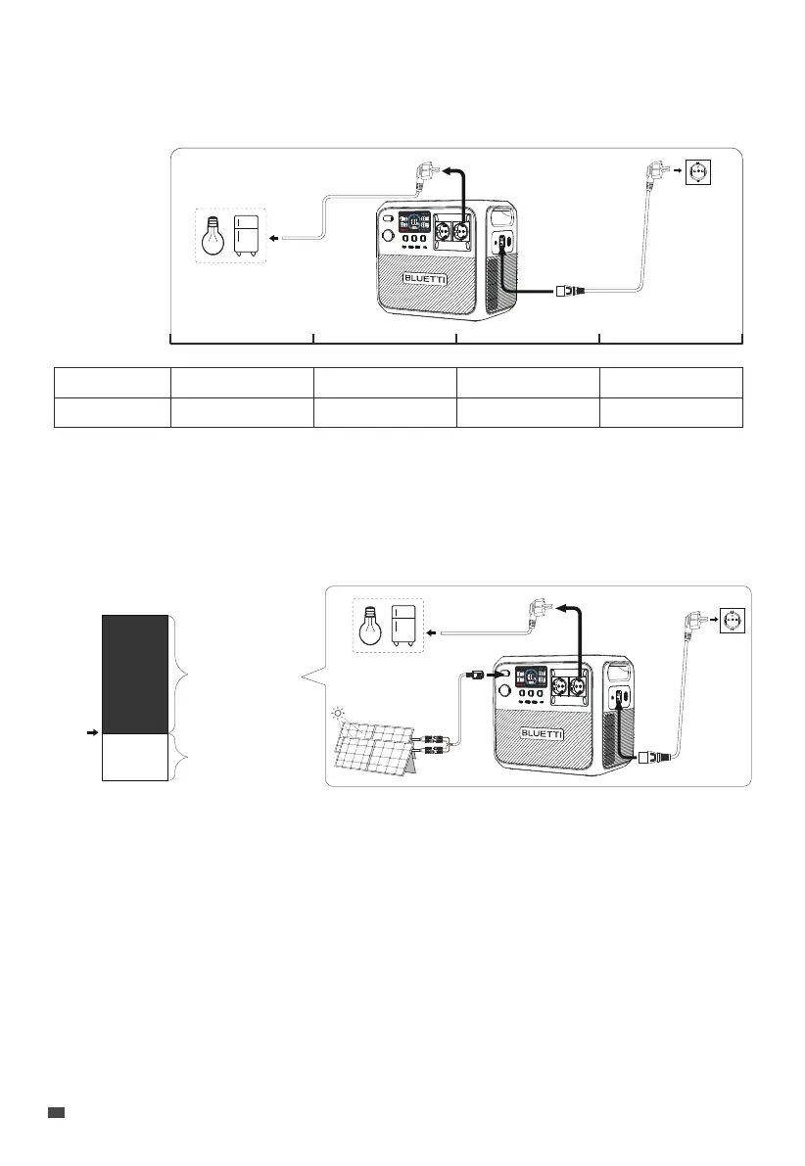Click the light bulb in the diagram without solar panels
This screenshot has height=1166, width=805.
pyautogui.click(x=213, y=236)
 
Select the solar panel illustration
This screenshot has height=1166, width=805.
pyautogui.click(x=373, y=747)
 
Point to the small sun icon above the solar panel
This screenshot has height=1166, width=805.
pyautogui.click(x=339, y=714)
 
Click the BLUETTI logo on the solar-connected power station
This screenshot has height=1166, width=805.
pyautogui.click(x=543, y=733)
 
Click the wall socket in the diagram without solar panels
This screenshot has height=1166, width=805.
pyautogui.click(x=698, y=172)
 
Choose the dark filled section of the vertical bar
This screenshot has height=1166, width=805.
pyautogui.click(x=135, y=675)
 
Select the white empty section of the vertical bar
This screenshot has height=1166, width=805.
pyautogui.click(x=135, y=757)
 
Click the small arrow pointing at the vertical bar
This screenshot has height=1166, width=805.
pyautogui.click(x=92, y=732)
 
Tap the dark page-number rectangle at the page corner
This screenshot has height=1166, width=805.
pyautogui.click(x=56, y=1112)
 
